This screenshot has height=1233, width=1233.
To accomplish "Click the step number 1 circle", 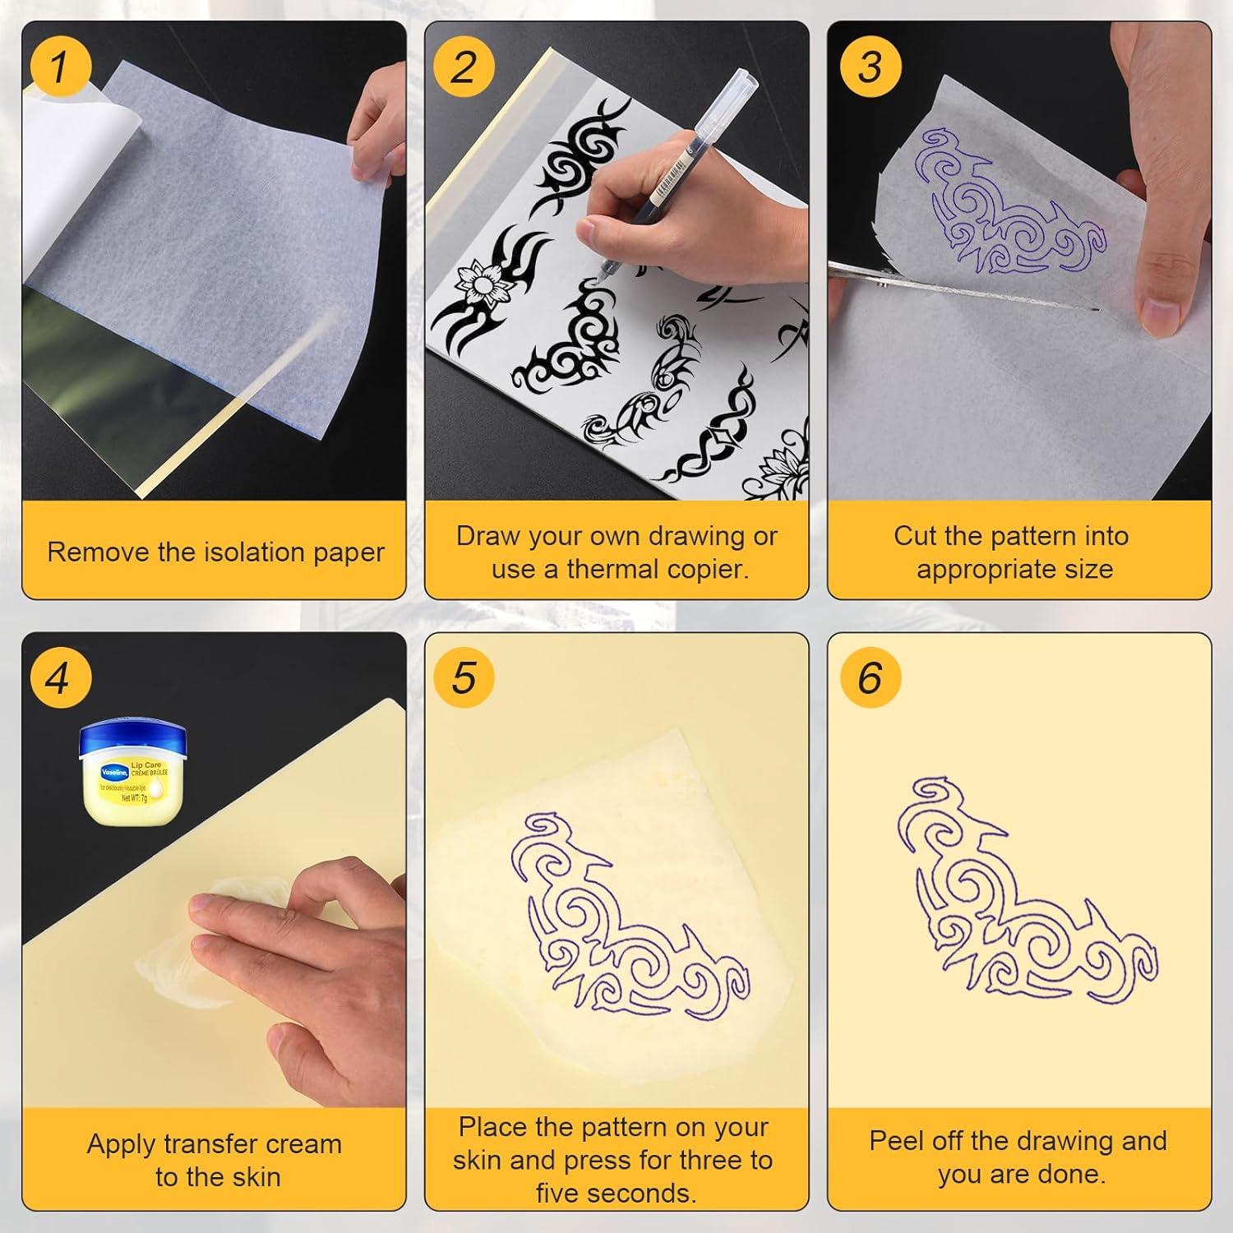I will pyautogui.click(x=58, y=66).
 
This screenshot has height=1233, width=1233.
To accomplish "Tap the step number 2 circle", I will pyautogui.click(x=464, y=66).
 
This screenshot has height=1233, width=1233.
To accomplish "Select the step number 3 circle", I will pyautogui.click(x=870, y=66).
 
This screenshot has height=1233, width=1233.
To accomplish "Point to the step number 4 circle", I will pyautogui.click(x=58, y=679).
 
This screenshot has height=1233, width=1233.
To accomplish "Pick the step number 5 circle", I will pyautogui.click(x=464, y=679).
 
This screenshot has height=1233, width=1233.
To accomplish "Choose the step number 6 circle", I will pyautogui.click(x=870, y=679).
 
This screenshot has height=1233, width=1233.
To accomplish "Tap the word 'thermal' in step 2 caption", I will pyautogui.click(x=613, y=569).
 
